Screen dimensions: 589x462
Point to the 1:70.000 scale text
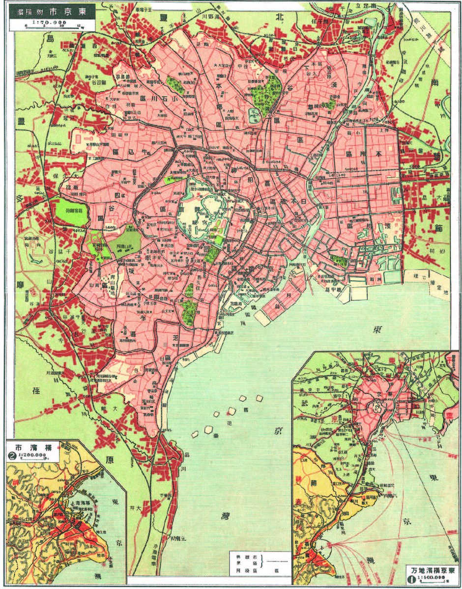point(49,22)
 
